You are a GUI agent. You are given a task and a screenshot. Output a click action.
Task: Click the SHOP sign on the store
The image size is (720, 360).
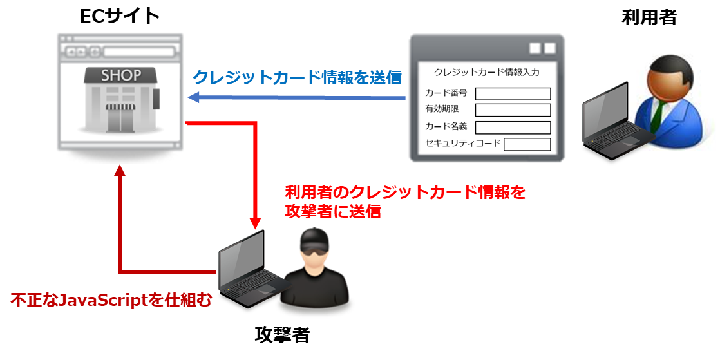120,75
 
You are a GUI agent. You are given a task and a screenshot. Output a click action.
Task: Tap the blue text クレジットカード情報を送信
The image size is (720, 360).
297,78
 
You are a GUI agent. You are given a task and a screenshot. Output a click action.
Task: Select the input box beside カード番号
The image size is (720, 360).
513,94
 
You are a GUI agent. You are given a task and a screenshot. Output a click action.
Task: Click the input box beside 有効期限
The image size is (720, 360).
513,110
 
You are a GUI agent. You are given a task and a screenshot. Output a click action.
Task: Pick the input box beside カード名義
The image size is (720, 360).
513,128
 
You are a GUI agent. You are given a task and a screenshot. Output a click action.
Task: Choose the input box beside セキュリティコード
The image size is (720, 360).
527,144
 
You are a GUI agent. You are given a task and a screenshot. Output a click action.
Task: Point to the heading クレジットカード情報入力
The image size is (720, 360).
487,72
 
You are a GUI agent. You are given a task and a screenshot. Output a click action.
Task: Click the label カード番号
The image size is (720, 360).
446,93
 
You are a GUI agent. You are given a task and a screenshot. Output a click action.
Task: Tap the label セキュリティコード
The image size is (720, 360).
462,143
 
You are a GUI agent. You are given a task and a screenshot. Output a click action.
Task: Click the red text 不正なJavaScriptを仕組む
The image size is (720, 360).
111,300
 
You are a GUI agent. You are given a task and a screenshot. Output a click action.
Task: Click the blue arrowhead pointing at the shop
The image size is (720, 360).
193,98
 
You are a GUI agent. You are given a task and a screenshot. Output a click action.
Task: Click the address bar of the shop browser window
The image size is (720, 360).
139,52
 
